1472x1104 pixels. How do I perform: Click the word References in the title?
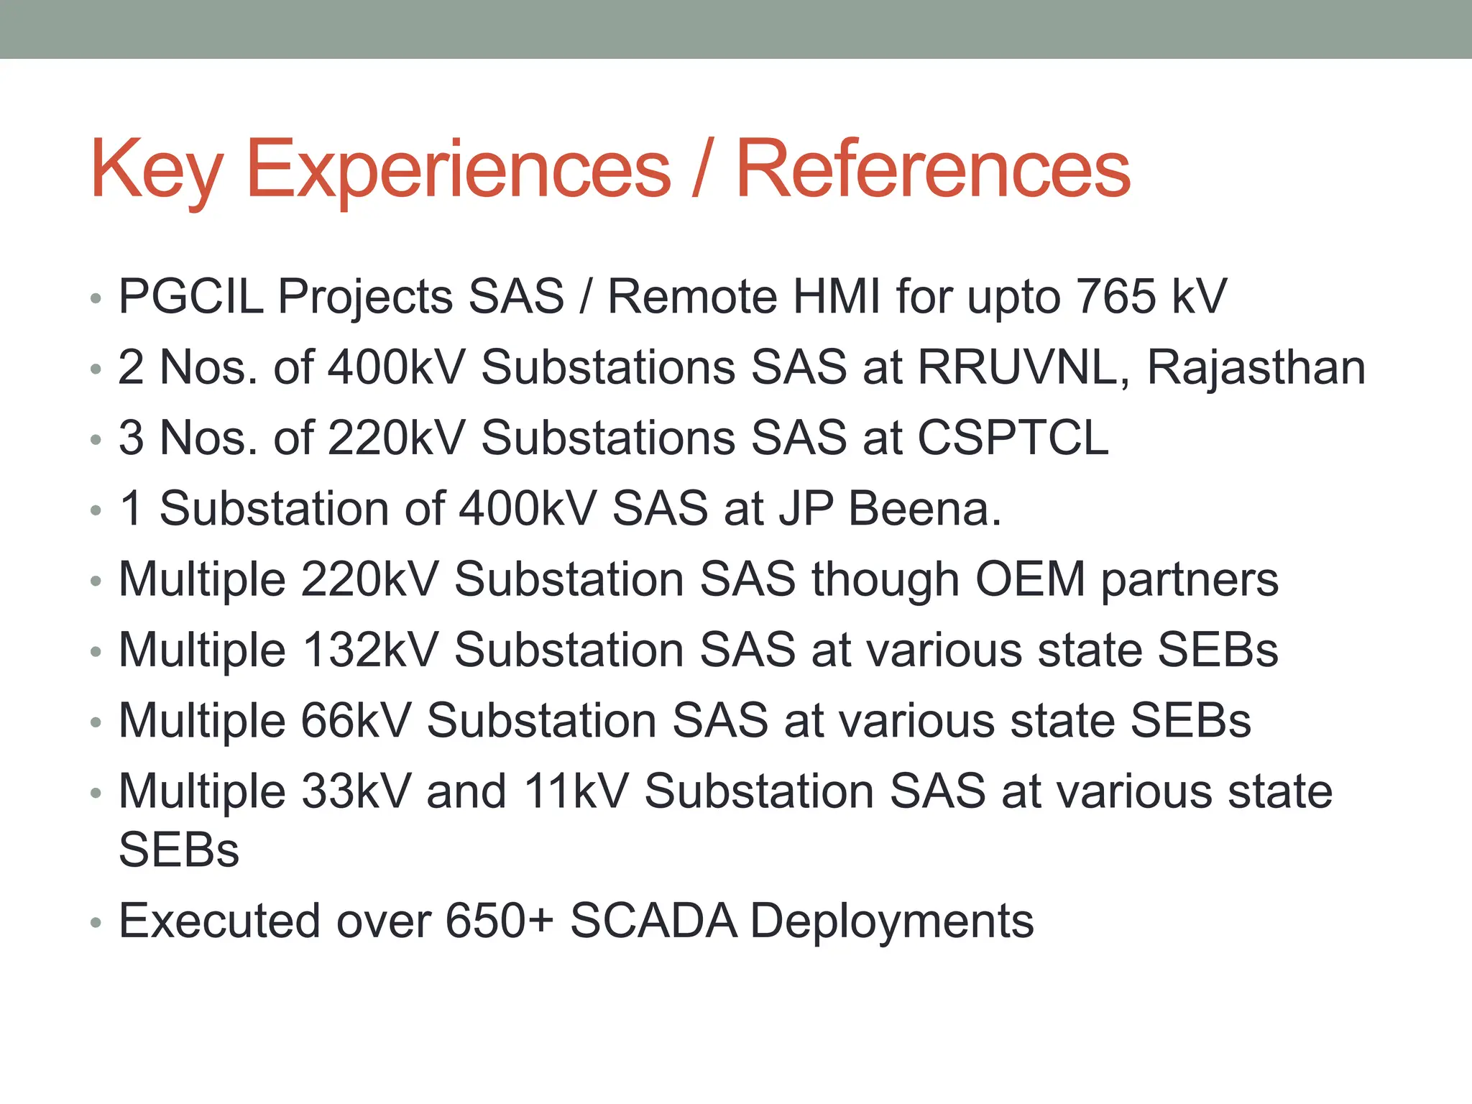point(932,169)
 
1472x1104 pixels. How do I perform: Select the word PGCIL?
point(191,297)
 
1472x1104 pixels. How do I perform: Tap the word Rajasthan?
point(1256,367)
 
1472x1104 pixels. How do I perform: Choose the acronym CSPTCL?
point(1013,438)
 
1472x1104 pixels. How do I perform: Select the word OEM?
point(1029,579)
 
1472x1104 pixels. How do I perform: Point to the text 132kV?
point(369,650)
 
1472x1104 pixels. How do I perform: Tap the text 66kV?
point(356,720)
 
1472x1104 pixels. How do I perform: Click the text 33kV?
point(356,791)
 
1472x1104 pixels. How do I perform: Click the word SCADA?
point(653,921)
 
